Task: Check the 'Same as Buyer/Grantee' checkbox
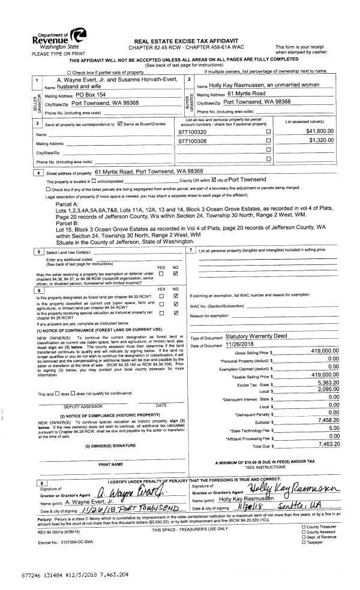pos(121,124)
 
